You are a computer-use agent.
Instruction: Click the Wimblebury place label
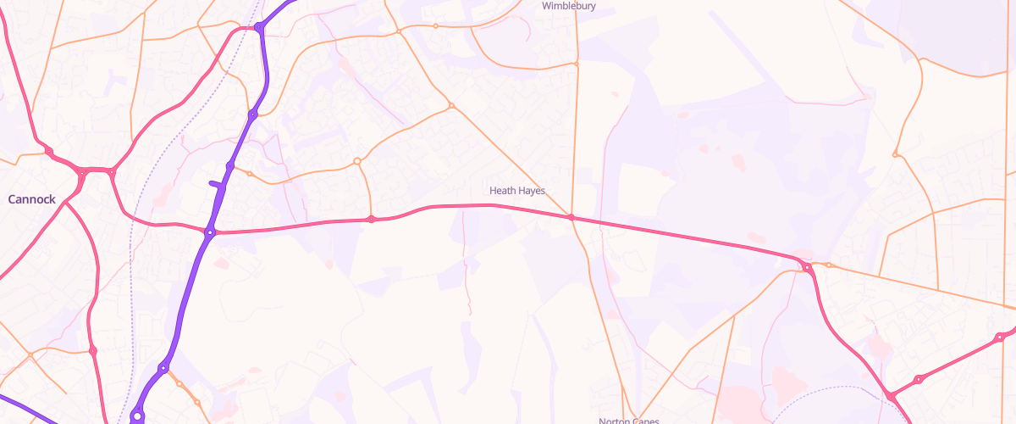click(x=569, y=6)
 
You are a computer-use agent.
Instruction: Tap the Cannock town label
click(x=32, y=199)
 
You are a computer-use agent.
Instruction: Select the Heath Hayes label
click(x=517, y=191)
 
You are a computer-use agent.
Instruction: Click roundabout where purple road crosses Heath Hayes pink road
click(x=210, y=231)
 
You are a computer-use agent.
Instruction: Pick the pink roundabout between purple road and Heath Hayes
click(x=371, y=220)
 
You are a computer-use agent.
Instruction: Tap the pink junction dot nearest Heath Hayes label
click(x=571, y=218)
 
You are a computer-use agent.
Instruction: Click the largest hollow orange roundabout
click(x=357, y=161)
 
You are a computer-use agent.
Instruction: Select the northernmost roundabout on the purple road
click(x=258, y=28)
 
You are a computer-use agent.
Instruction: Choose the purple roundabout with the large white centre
click(x=137, y=416)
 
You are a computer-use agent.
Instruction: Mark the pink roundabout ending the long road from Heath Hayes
click(x=808, y=268)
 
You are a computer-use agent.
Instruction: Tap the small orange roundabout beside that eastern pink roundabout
click(x=830, y=265)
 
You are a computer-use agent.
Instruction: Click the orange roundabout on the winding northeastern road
click(x=895, y=154)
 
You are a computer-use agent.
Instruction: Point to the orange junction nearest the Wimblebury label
click(x=576, y=64)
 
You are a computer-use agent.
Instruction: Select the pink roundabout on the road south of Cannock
click(x=92, y=350)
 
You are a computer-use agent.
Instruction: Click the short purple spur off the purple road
click(x=218, y=182)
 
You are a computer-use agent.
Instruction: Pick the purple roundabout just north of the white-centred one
click(x=163, y=368)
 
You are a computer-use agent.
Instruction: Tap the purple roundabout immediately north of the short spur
click(x=230, y=165)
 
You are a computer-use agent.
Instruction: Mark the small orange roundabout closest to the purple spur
click(x=249, y=174)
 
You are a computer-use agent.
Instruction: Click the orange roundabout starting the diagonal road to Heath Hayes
click(x=451, y=106)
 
